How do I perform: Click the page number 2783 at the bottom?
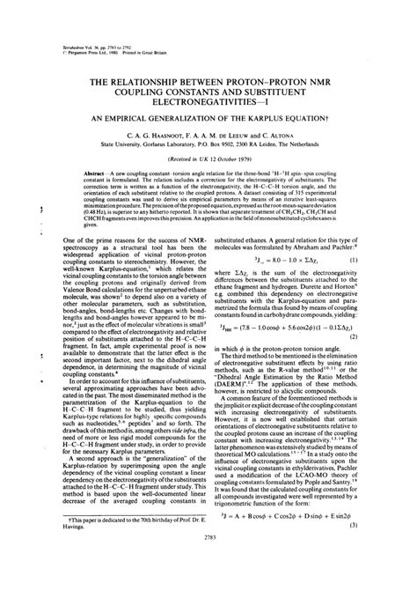coord(208,572)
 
